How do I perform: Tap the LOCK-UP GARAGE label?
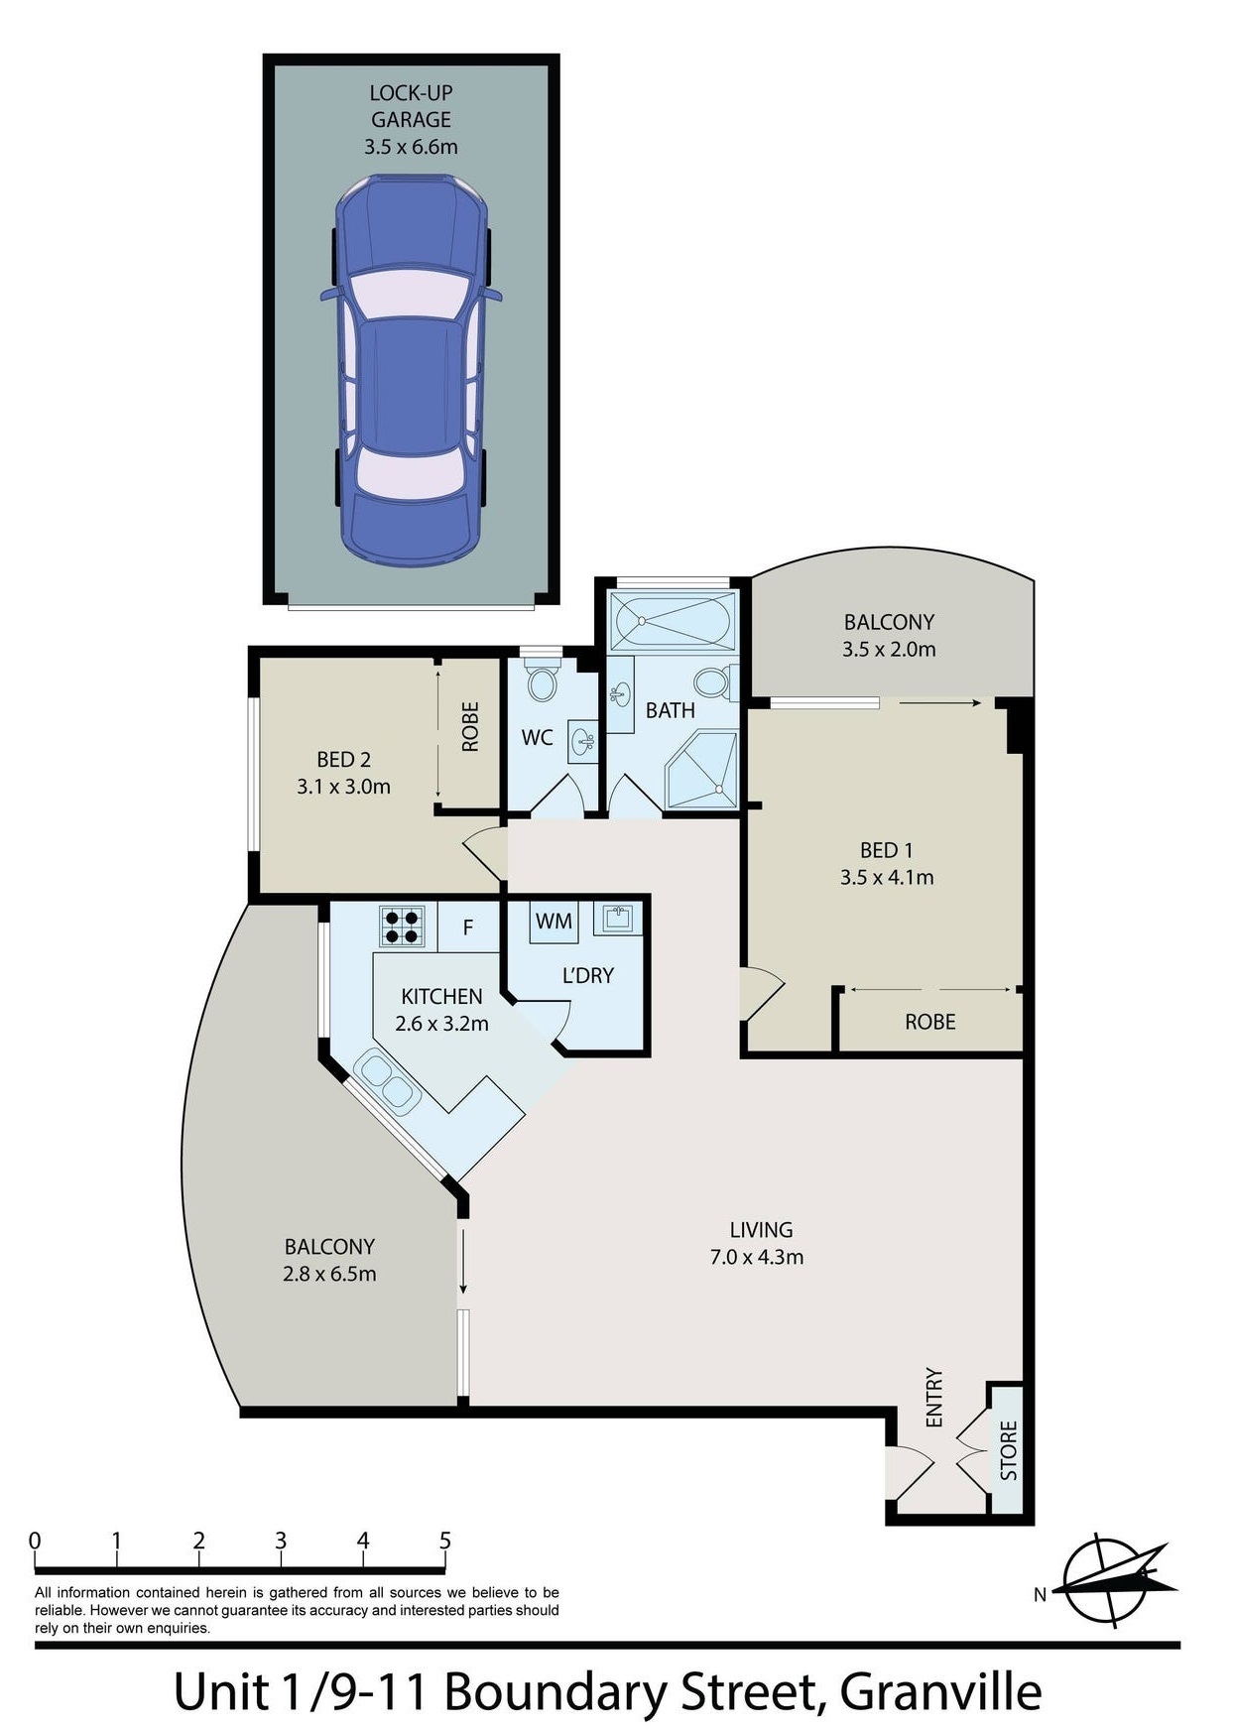pos(411,106)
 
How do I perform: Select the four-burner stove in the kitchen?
pos(403,927)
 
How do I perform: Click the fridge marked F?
pos(468,927)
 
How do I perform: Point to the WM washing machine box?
pos(554,922)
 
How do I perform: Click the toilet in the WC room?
pos(542,680)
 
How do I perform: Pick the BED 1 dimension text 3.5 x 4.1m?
pos(887,877)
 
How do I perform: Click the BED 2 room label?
pos(344,760)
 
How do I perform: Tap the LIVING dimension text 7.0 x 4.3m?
pos(757,1257)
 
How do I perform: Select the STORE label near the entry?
pos(1009,1450)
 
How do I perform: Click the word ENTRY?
pos(934,1398)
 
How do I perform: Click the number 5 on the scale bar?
pos(445,1541)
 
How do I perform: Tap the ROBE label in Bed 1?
pos(930,1022)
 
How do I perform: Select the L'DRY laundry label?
pos(588,975)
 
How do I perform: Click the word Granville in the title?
pos(940,1691)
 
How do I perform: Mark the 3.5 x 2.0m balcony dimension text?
pos(889,650)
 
